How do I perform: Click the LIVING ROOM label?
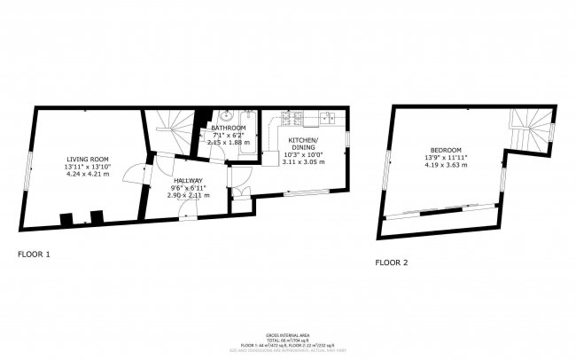(x=87, y=160)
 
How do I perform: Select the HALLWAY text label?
(x=188, y=181)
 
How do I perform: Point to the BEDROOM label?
(x=446, y=150)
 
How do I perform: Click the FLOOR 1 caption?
(x=35, y=254)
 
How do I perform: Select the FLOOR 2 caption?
(x=392, y=262)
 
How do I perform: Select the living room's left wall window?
(x=28, y=168)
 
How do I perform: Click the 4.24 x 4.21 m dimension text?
(x=87, y=175)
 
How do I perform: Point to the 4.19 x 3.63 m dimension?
(x=446, y=165)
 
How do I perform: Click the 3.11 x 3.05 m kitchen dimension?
(x=303, y=162)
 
